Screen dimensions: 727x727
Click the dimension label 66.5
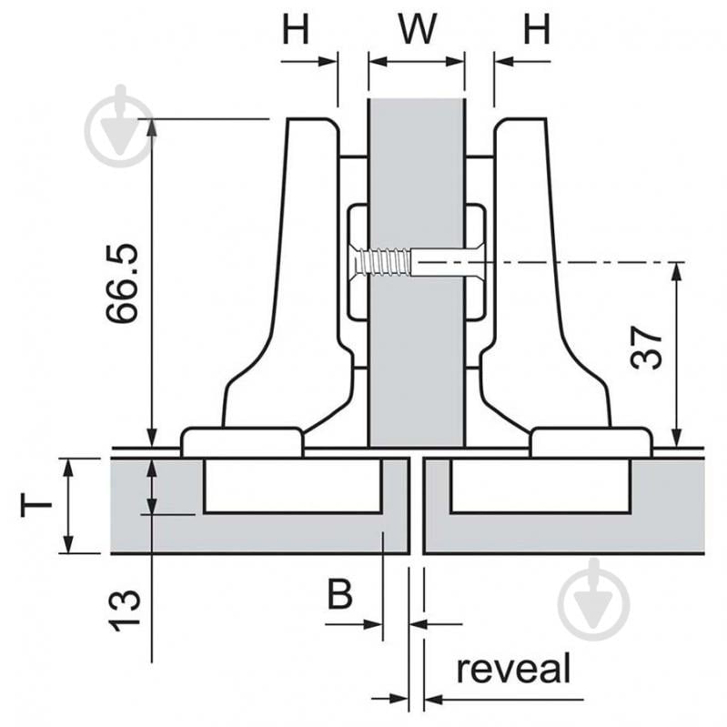[121, 283]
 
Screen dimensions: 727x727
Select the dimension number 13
[124, 610]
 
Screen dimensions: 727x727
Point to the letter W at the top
[416, 29]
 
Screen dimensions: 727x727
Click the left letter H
[295, 29]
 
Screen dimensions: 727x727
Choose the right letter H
[537, 29]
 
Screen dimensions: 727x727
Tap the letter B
[339, 596]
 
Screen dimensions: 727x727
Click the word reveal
[513, 669]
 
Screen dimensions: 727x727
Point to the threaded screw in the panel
[382, 263]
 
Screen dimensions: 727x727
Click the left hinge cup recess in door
[291, 486]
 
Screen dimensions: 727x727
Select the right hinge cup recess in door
[540, 486]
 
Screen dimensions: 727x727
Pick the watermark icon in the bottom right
[593, 601]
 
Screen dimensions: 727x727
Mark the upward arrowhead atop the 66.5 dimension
[151, 127]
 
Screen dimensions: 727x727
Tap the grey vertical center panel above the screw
[416, 164]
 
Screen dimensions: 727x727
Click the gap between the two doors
[416, 505]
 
